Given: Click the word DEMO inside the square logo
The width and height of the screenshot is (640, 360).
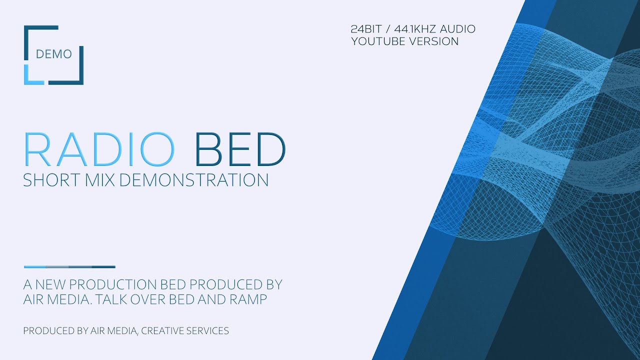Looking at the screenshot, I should [53, 54].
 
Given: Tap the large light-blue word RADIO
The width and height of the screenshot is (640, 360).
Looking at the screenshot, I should [99, 149].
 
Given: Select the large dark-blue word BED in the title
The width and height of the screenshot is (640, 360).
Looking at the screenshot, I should [240, 149].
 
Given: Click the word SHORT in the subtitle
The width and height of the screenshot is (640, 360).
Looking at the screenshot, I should [49, 180].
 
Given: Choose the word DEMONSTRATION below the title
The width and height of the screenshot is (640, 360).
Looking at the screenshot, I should [194, 180].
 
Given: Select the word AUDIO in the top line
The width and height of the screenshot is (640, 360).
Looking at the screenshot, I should [457, 29].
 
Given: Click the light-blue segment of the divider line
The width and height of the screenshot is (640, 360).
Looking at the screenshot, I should [35, 267].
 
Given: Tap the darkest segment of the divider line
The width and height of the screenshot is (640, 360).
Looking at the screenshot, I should [103, 267].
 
